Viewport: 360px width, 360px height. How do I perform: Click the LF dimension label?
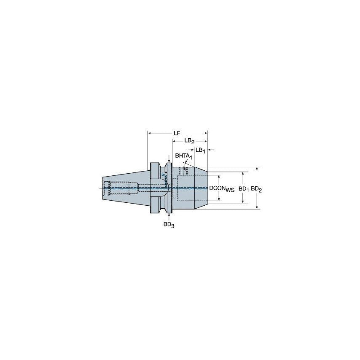click(x=177, y=133)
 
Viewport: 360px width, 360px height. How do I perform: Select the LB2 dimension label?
click(x=189, y=141)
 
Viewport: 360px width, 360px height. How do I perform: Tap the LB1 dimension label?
click(x=200, y=150)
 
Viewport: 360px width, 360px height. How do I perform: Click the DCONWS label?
click(x=222, y=189)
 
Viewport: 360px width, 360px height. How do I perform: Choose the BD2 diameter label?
click(x=256, y=189)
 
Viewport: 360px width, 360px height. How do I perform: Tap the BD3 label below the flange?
click(x=169, y=225)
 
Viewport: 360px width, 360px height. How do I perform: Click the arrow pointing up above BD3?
click(x=169, y=216)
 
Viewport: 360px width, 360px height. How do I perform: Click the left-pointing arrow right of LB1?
click(x=211, y=150)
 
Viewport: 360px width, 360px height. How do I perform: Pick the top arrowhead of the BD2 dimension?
click(x=257, y=169)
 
